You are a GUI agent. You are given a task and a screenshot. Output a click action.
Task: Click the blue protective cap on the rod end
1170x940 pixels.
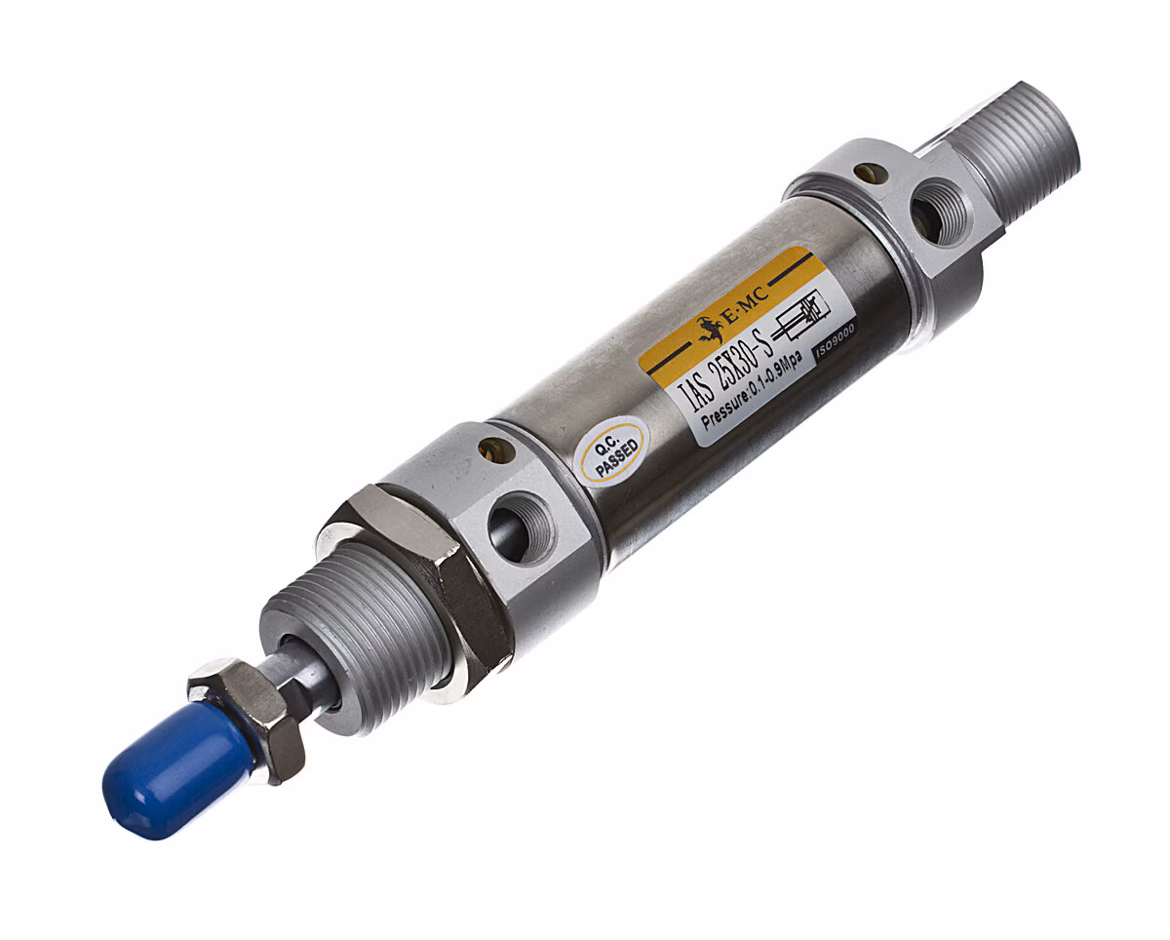[173, 770]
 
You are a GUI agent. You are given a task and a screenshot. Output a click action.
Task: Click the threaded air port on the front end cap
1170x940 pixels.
[521, 528]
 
